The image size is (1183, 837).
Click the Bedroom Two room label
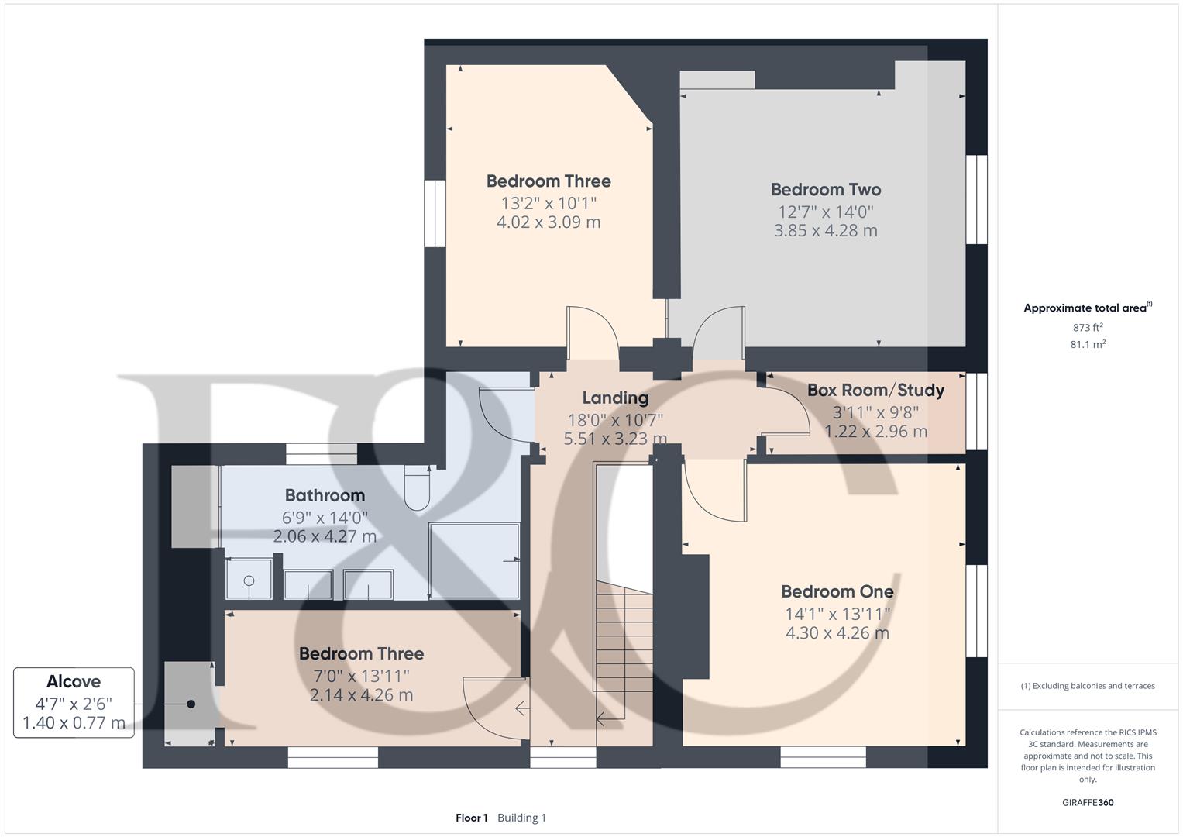point(825,190)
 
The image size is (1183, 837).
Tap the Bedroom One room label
point(837,592)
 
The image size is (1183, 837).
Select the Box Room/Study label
point(875,391)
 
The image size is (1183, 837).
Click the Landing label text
point(615,398)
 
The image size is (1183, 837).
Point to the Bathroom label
point(325,496)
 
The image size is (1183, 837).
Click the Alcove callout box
point(74,702)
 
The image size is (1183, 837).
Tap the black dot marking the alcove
point(191,704)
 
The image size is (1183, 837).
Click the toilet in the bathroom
point(418,487)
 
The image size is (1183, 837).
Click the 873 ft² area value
point(1087,328)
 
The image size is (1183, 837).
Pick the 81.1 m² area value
point(1087,345)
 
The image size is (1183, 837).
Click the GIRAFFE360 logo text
point(1087,803)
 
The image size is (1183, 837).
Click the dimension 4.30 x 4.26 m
point(837,633)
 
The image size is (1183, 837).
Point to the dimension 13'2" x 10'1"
point(549,203)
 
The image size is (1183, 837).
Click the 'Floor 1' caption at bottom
point(471,818)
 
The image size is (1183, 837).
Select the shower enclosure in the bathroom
point(474,560)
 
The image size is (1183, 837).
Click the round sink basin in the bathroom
point(249,580)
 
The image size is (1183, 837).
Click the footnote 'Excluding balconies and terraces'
point(1087,686)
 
